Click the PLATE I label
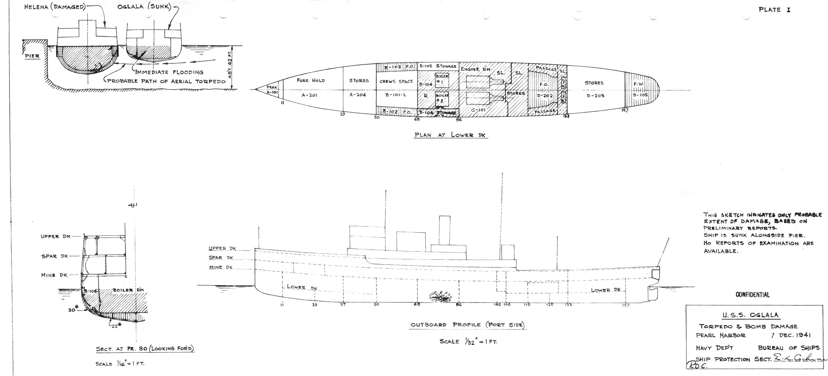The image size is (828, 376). (774, 10)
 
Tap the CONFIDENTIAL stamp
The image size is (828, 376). (752, 295)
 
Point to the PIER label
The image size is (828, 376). (32, 56)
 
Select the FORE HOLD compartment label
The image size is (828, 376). (310, 80)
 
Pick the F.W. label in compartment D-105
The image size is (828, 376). (639, 84)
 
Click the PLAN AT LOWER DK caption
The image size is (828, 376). (451, 135)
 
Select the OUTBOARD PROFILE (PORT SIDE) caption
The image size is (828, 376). (467, 325)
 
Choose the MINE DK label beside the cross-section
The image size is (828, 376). (54, 275)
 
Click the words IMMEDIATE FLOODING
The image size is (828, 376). (168, 72)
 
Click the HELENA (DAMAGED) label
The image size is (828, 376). (54, 7)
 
